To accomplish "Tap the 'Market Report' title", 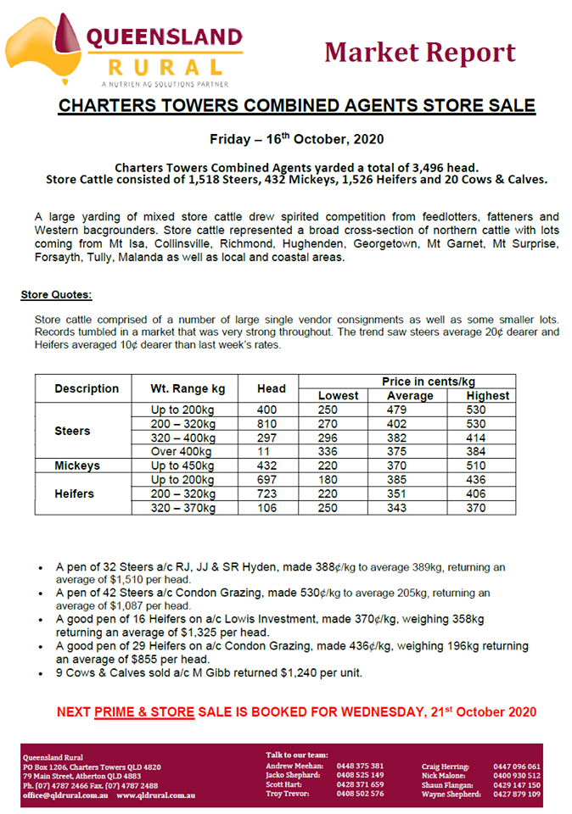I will click(x=419, y=53).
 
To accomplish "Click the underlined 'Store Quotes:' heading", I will click(x=56, y=295).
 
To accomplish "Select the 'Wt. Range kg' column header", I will click(x=188, y=388).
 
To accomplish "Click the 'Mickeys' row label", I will click(x=77, y=466).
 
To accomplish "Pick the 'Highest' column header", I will click(x=487, y=395).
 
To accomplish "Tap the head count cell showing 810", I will click(x=272, y=423).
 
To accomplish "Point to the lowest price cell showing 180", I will click(x=328, y=480).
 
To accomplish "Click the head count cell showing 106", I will click(x=272, y=508).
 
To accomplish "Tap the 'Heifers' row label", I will click(x=76, y=493).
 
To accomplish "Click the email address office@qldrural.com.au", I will click(x=59, y=794).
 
